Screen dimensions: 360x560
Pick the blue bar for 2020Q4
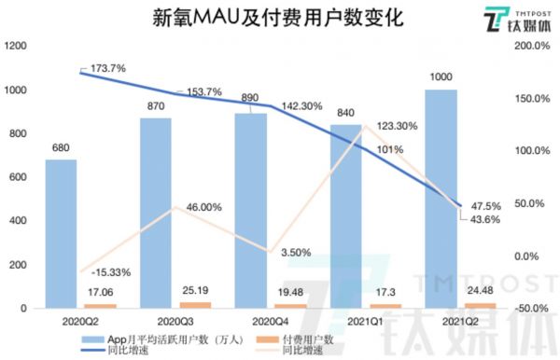[x=250, y=210]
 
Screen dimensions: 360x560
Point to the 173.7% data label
[x=109, y=69]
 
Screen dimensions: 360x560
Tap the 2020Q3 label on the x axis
[x=157, y=320]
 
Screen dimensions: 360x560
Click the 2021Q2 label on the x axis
[x=441, y=320]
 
